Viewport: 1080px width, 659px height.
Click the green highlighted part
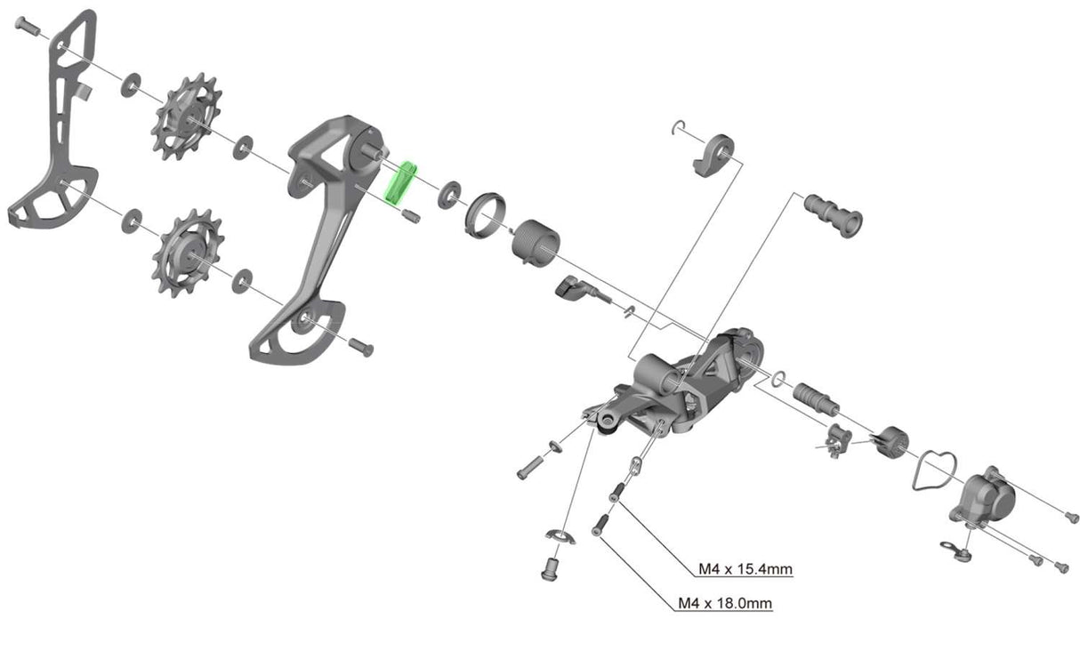399,182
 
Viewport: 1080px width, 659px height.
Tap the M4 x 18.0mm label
725,604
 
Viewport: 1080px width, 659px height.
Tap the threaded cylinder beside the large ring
536,243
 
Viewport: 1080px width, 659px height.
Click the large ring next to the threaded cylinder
485,215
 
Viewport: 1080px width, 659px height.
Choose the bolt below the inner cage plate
361,345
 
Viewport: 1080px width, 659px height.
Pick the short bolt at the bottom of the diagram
549,567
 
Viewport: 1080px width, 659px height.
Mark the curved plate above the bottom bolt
559,535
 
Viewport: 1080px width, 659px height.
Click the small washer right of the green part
450,193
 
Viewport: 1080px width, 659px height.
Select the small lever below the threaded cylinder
577,289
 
